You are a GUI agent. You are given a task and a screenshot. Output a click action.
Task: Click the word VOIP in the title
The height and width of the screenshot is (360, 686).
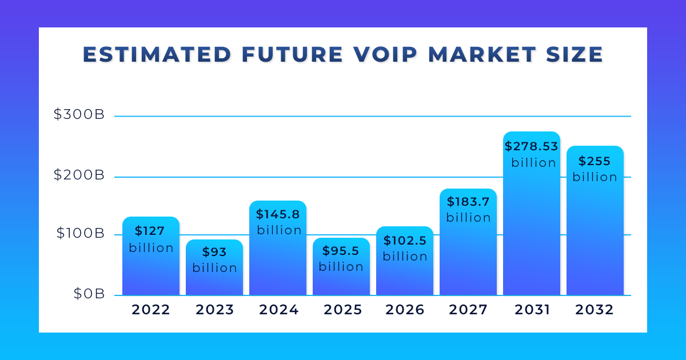(381, 54)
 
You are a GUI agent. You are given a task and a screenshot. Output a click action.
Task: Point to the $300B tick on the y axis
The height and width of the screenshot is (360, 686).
(79, 114)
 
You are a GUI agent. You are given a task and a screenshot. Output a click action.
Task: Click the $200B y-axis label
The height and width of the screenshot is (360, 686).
(79, 175)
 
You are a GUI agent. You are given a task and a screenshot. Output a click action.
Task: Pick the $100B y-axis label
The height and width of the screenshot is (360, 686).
(79, 234)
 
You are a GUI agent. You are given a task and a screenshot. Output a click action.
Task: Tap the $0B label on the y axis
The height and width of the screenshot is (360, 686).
(89, 294)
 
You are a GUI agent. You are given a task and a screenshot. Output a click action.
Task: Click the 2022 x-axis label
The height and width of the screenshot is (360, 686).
(151, 310)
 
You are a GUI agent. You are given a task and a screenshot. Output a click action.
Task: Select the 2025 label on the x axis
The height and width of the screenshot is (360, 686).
(343, 310)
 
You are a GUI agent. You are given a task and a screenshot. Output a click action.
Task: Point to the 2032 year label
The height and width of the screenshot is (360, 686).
(595, 310)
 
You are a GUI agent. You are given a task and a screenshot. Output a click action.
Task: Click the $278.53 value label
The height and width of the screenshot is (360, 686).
(531, 147)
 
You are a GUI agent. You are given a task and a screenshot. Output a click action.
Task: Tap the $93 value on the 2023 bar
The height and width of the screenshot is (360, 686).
(214, 252)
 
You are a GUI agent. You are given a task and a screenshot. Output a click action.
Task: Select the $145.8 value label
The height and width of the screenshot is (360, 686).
(278, 215)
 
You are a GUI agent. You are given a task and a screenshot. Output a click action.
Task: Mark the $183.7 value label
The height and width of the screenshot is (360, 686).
(468, 202)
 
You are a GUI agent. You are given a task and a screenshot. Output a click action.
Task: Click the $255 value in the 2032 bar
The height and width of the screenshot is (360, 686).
(595, 161)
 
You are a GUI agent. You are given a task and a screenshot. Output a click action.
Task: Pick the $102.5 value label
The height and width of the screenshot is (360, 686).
(405, 241)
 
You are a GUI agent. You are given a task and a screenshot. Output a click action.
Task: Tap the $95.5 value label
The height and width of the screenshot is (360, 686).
(341, 251)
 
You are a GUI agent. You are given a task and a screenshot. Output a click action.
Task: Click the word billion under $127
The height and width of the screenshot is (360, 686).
(151, 248)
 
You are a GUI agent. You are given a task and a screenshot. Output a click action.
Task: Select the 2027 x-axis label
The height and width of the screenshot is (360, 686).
(468, 310)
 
